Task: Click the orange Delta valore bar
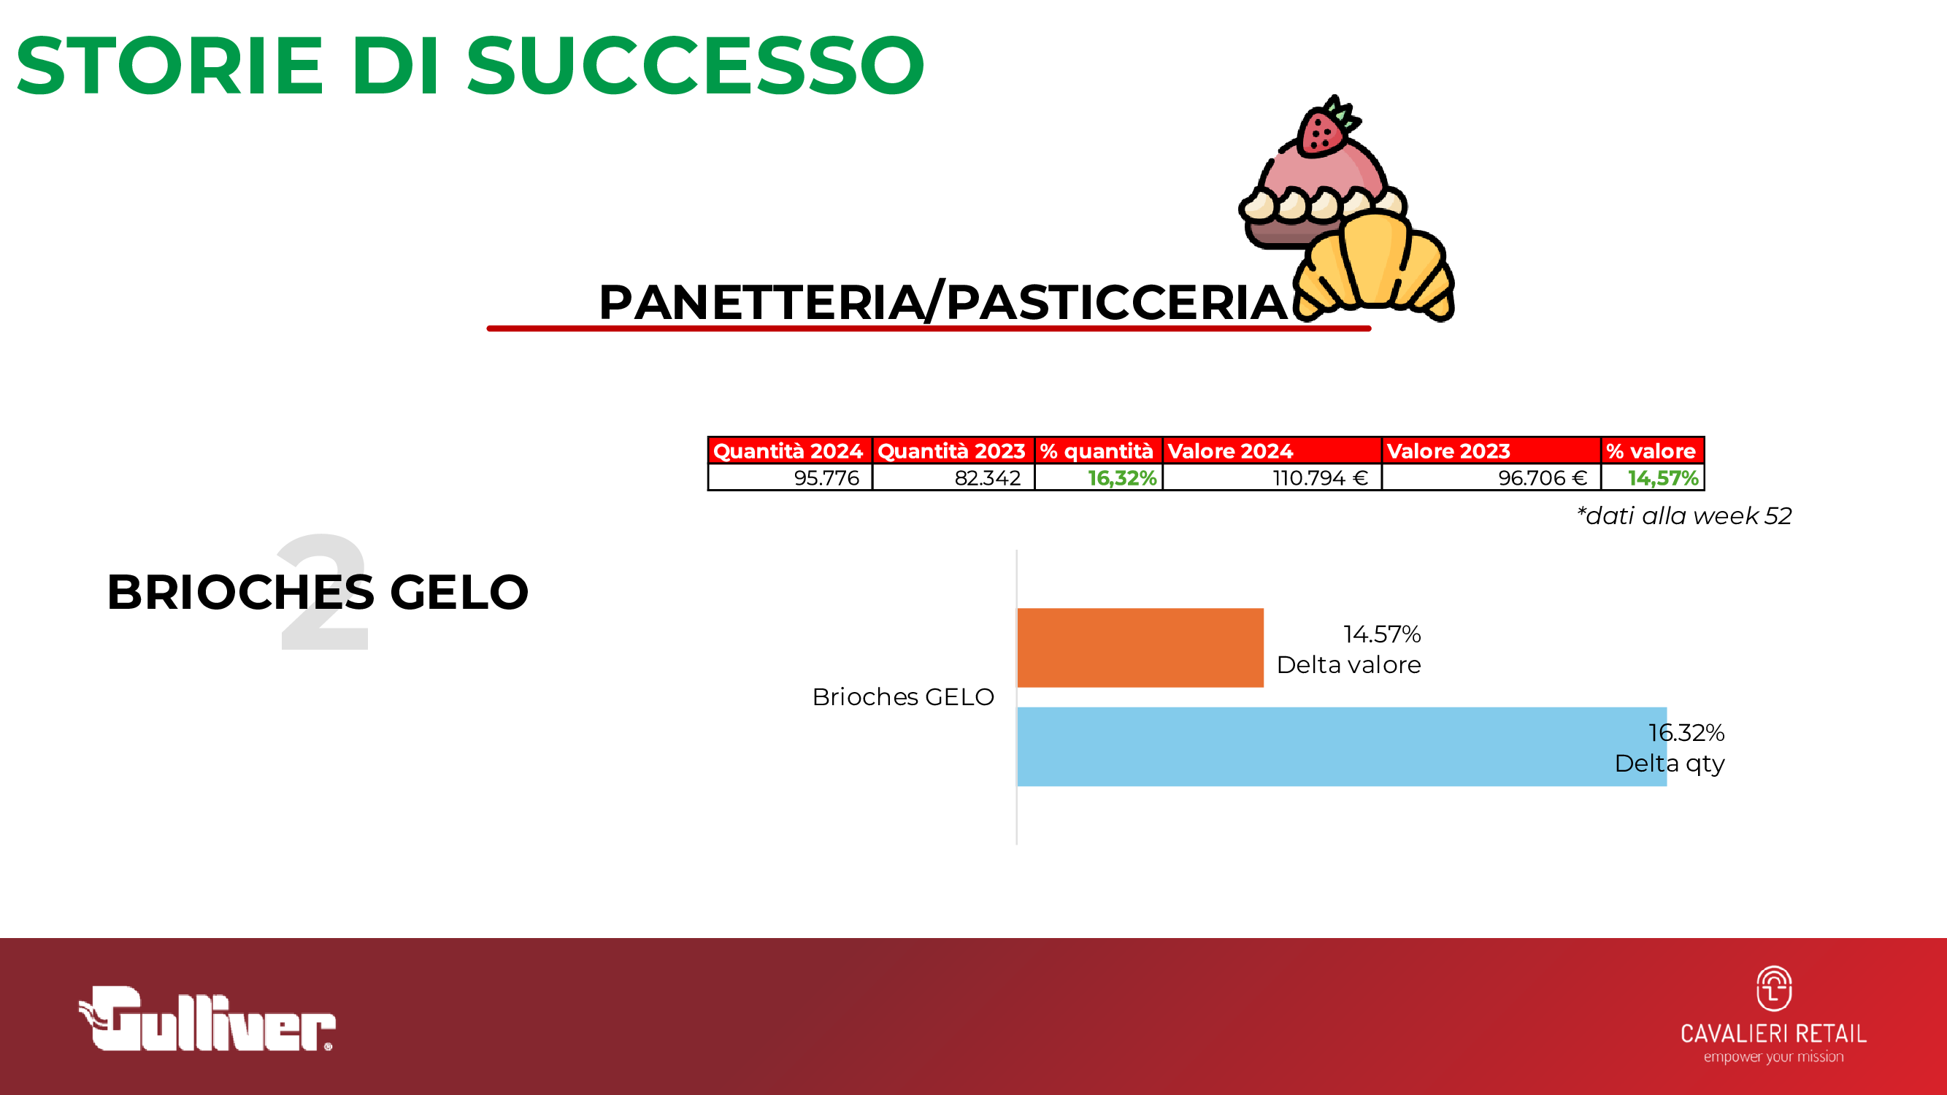(x=1140, y=648)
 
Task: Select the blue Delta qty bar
(x=1342, y=747)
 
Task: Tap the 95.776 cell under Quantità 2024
(x=791, y=477)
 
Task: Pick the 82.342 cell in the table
(x=954, y=477)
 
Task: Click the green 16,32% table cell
(x=1099, y=477)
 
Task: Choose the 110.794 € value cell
(x=1272, y=477)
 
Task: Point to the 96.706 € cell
(x=1491, y=477)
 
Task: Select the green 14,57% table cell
(x=1653, y=477)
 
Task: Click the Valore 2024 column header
(x=1272, y=451)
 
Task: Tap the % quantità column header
(x=1099, y=451)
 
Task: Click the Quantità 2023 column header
(x=954, y=451)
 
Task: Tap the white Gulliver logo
(x=207, y=1018)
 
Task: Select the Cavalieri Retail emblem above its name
(x=1774, y=988)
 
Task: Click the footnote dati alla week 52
(x=1684, y=516)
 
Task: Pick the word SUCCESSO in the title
(x=695, y=66)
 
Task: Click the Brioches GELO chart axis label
(x=903, y=696)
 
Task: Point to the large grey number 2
(x=323, y=592)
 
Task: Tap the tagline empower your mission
(x=1774, y=1056)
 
